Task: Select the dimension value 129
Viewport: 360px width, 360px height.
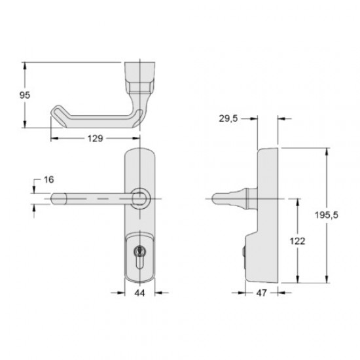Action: pyautogui.click(x=95, y=139)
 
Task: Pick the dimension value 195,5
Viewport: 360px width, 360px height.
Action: pyautogui.click(x=338, y=215)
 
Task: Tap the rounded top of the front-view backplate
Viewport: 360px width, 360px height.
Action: pyautogui.click(x=139, y=155)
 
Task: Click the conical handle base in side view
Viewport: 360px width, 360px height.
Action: pyautogui.click(x=245, y=196)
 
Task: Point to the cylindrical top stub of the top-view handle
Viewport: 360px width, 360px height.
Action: pyautogui.click(x=141, y=69)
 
